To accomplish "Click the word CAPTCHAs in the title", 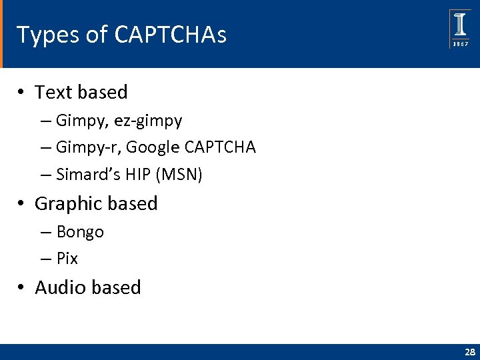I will (x=170, y=35).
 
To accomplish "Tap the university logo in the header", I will (x=460, y=28).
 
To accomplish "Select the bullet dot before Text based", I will (x=22, y=93).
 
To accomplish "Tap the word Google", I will (x=148, y=147).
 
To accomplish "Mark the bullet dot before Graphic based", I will (x=22, y=204).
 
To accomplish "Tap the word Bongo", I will (x=80, y=233).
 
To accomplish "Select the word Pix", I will (x=67, y=259).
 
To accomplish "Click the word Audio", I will (x=61, y=287).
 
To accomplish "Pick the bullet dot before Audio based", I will (x=22, y=288).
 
